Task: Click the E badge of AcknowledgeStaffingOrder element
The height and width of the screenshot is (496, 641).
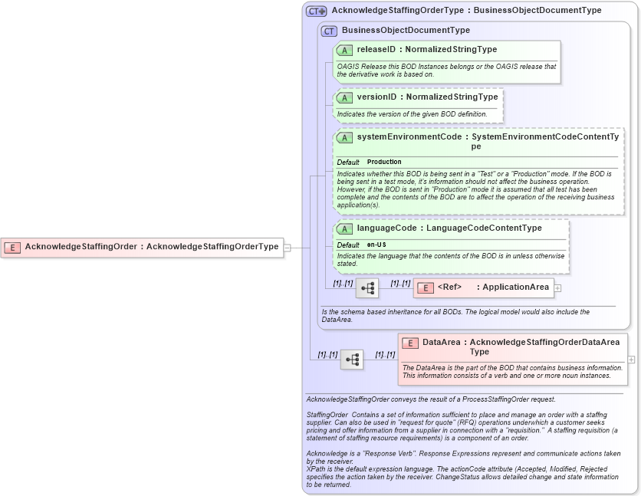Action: (x=12, y=247)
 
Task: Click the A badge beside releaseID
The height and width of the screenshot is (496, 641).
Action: (x=345, y=50)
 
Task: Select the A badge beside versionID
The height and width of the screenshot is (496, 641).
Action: (x=345, y=97)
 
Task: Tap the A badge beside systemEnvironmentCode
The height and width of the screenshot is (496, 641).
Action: (x=345, y=138)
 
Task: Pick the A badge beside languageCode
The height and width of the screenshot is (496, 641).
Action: (x=345, y=228)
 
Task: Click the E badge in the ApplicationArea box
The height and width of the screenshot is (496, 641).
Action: (x=426, y=287)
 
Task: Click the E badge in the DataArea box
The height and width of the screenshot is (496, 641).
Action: (x=410, y=343)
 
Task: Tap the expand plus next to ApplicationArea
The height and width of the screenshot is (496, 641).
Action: (x=557, y=288)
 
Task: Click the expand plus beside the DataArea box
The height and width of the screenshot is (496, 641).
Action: (x=631, y=359)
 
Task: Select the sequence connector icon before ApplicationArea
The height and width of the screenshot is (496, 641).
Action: (x=367, y=288)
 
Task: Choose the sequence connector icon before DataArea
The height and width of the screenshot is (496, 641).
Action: (x=352, y=360)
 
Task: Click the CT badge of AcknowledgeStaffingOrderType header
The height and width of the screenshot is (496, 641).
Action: (x=316, y=11)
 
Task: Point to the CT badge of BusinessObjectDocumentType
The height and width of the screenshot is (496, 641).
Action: (x=329, y=31)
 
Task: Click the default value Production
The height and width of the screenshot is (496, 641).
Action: (x=384, y=163)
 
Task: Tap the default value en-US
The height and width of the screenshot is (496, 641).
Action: (x=376, y=245)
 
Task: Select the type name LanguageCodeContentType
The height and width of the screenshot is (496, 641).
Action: (x=484, y=228)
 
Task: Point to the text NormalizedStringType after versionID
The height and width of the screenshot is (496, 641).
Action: (x=452, y=97)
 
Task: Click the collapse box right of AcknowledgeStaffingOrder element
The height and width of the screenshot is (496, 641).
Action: (x=287, y=248)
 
